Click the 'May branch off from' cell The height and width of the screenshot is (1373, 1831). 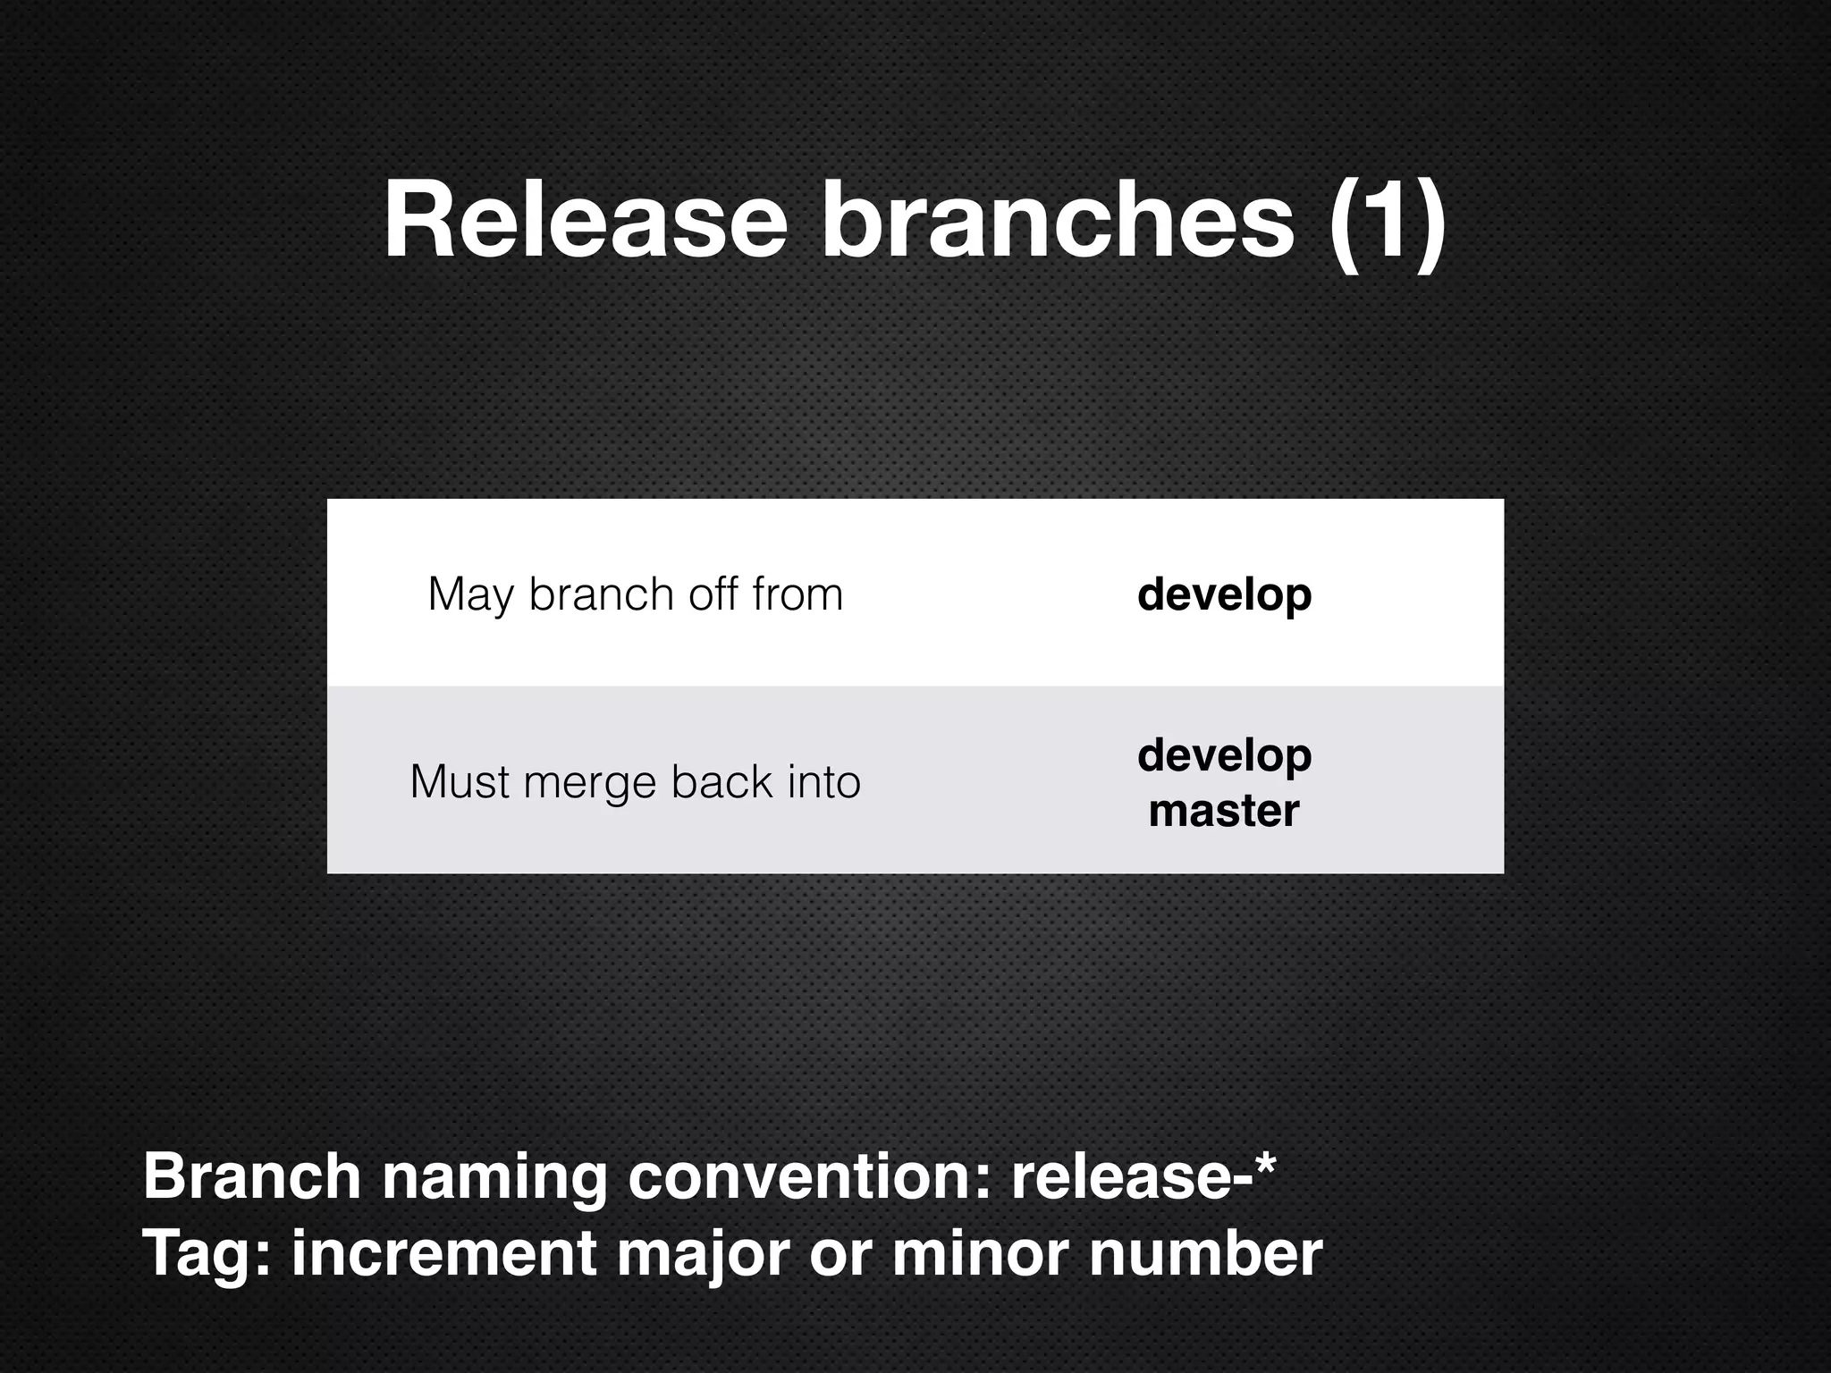(x=636, y=594)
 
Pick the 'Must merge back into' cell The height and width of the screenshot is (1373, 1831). (x=636, y=781)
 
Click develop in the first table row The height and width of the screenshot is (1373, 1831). (x=1224, y=595)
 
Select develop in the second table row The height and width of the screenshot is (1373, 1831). (x=1224, y=756)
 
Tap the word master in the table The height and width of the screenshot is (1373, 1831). (x=1224, y=811)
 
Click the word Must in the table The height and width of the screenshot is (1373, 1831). (x=460, y=781)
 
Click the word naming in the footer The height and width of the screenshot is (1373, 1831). (x=495, y=1178)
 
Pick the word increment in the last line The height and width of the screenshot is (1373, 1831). (x=443, y=1253)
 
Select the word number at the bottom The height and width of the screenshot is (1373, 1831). (x=1205, y=1253)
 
